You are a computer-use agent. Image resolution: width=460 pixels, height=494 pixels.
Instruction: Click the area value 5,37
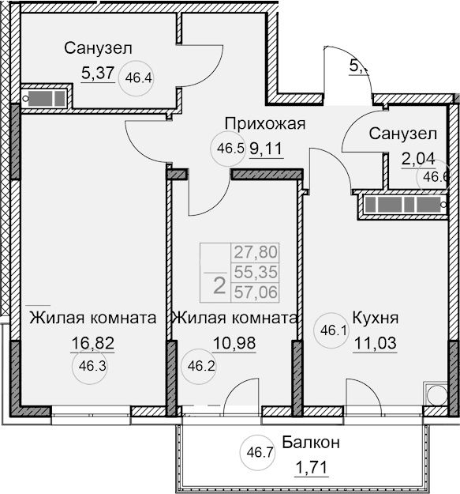click(x=98, y=74)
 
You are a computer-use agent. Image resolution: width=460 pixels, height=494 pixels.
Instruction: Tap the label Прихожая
click(x=264, y=123)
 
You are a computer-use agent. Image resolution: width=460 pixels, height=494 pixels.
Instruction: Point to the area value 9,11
click(x=267, y=147)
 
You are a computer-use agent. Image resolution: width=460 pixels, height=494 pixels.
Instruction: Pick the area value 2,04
click(x=418, y=158)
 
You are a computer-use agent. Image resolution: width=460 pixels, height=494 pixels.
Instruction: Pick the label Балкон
click(x=310, y=443)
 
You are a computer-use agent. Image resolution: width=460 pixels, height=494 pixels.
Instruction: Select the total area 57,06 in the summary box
click(x=255, y=292)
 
